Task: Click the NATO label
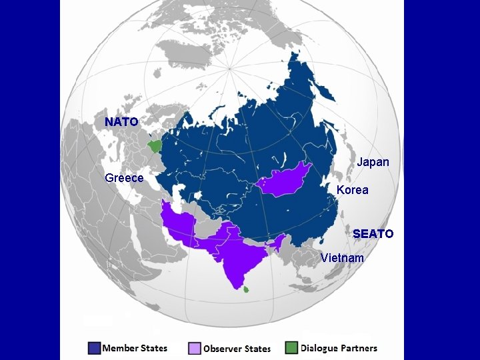(121, 122)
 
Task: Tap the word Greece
(124, 178)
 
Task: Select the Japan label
(373, 162)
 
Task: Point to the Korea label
(352, 190)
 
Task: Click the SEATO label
(373, 234)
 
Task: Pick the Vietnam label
(342, 258)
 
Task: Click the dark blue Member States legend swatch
(93, 348)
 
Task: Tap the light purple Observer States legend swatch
(194, 348)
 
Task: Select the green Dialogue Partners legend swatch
(291, 348)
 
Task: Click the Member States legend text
(135, 348)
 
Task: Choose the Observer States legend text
(237, 349)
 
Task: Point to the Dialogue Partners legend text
(339, 348)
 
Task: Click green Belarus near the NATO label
(155, 145)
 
